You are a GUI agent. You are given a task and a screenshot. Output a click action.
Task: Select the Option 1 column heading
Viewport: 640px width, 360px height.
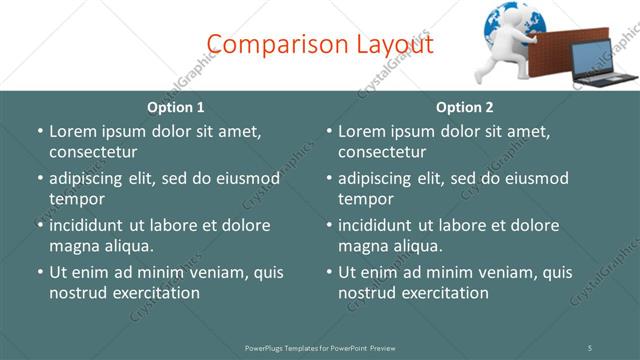click(x=175, y=107)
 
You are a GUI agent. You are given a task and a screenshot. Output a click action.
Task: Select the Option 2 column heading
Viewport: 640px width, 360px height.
click(x=464, y=107)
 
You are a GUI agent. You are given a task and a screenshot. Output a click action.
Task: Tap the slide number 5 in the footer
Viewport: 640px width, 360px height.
click(x=590, y=348)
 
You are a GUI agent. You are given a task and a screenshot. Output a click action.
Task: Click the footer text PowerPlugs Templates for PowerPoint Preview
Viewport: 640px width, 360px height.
click(x=320, y=348)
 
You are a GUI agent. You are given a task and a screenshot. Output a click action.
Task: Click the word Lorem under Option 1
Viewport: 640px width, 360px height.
click(x=73, y=131)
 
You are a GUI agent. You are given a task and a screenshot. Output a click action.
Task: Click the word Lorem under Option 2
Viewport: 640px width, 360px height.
click(x=362, y=131)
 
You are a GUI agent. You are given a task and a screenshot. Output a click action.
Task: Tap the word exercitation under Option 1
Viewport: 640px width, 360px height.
click(x=154, y=293)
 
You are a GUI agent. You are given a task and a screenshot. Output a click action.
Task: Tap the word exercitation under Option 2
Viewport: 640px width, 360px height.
click(x=443, y=293)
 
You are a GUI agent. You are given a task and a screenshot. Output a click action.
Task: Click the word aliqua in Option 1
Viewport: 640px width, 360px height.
click(x=128, y=246)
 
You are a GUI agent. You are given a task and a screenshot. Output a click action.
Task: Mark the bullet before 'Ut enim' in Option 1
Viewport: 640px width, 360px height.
click(x=40, y=272)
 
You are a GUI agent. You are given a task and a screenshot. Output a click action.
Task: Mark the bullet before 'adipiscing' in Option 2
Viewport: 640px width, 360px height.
click(x=329, y=178)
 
